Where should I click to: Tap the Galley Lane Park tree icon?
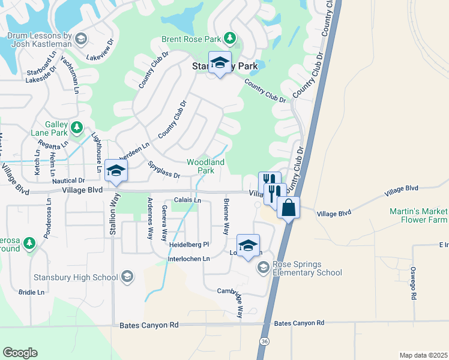pos(76,127)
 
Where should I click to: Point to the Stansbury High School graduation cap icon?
pos(127,277)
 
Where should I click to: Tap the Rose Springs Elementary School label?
pos(307,268)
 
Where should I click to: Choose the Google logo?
pos(20,352)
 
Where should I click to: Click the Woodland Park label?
pos(205,166)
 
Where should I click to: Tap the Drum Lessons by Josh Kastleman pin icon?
pos(82,40)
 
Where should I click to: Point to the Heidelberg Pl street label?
pos(188,244)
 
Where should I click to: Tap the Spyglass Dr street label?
pos(163,173)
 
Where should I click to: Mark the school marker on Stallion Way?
pos(115,170)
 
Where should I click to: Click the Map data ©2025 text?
pos(423,354)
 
